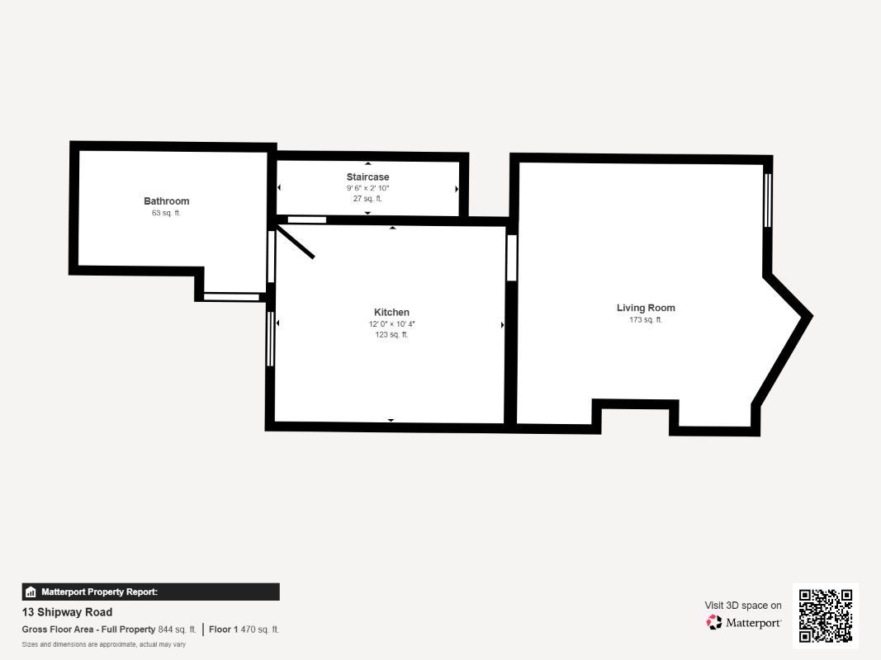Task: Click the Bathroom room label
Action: point(166,201)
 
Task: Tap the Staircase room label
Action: point(367,177)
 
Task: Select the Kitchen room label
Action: point(391,313)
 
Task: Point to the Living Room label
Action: point(646,309)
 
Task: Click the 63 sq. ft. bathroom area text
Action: point(166,214)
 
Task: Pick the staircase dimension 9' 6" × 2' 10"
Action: point(367,188)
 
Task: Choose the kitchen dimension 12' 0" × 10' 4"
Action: point(391,324)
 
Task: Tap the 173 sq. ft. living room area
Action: point(646,320)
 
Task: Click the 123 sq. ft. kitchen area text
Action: point(391,335)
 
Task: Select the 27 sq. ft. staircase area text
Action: point(367,199)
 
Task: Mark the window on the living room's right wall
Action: point(768,200)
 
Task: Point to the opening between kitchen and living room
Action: point(511,257)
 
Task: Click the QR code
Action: point(825,616)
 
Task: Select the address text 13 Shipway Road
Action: point(67,612)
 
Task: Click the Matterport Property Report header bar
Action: point(150,592)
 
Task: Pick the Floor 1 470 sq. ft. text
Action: point(244,629)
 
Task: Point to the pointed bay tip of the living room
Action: point(808,315)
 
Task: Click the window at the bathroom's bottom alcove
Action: point(231,297)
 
